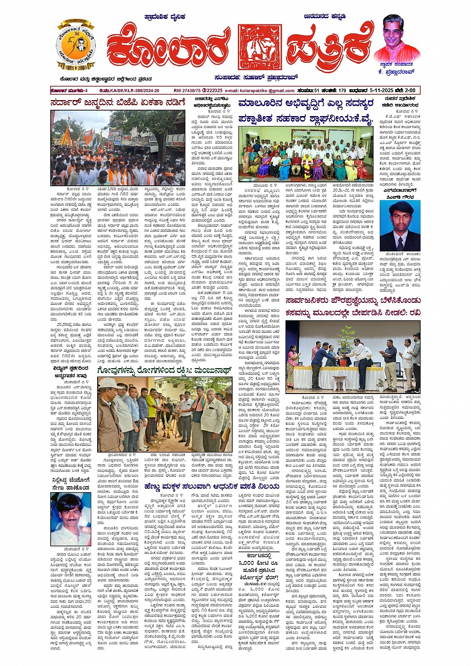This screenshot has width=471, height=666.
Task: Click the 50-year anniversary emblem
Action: click(x=76, y=46)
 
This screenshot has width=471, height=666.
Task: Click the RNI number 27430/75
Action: click(x=187, y=91)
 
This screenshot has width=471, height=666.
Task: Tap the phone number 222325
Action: click(x=213, y=91)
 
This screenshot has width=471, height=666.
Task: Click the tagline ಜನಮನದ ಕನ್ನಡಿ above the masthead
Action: click(x=324, y=16)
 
